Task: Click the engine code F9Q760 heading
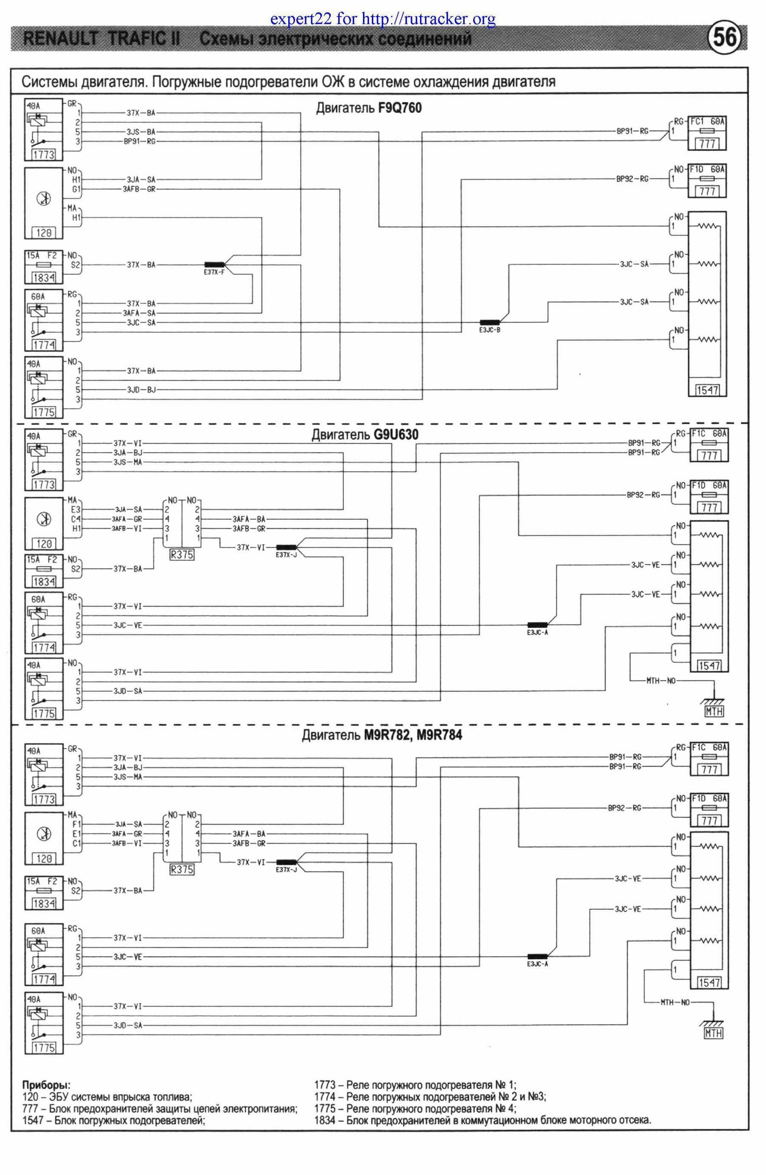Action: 400,108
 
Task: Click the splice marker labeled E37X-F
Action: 214,265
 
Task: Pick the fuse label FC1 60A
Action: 707,122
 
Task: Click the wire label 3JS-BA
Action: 141,132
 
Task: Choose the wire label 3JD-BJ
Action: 141,390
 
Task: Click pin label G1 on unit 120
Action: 76,189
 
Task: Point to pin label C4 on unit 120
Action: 76,519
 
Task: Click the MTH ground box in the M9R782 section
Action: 713,1032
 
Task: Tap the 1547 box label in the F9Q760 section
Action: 707,390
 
